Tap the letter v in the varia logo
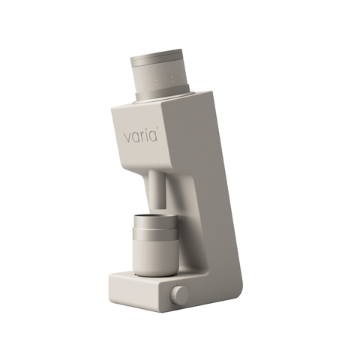point(127,138)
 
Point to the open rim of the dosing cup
point(156,217)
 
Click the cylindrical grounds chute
point(157,188)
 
